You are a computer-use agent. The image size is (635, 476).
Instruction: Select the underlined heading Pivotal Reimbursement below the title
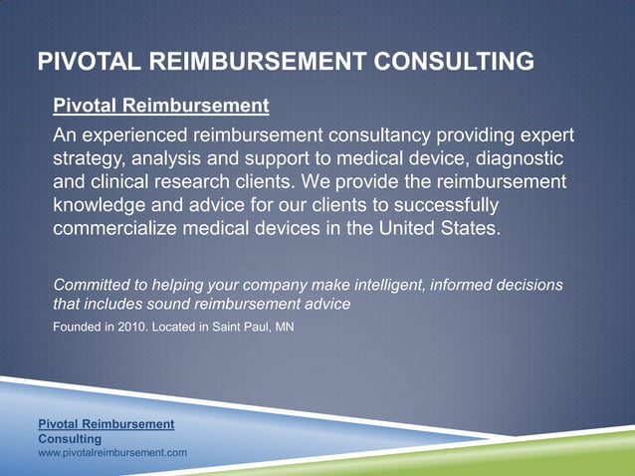(160, 105)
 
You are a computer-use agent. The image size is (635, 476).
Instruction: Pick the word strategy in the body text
(89, 159)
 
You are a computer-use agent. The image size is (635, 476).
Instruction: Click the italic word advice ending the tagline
(324, 304)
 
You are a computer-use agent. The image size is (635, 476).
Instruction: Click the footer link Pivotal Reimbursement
(106, 424)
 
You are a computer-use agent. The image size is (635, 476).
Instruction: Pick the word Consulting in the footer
(69, 438)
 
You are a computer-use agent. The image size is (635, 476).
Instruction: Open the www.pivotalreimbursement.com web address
(112, 453)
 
